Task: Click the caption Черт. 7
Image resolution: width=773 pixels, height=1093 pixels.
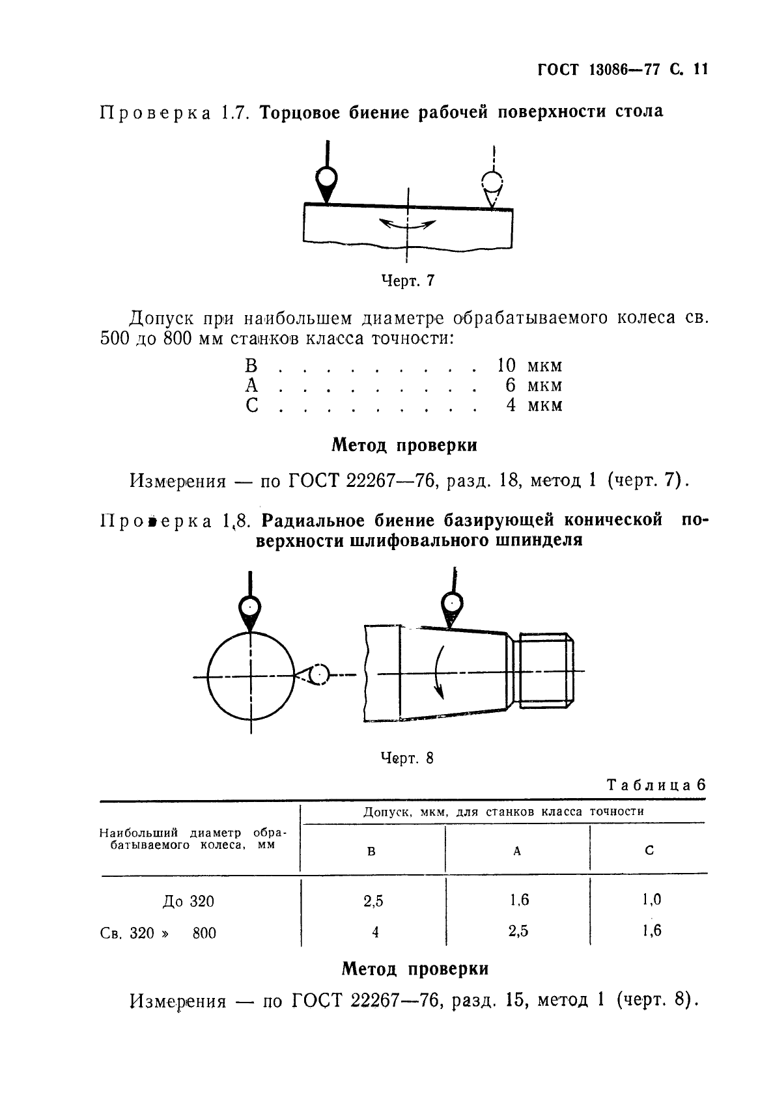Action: pos(408,281)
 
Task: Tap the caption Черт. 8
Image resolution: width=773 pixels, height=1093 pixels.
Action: pos(407,758)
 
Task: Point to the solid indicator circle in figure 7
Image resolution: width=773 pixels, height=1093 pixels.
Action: pos(326,177)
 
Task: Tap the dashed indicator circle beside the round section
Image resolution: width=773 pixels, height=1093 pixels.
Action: pos(319,675)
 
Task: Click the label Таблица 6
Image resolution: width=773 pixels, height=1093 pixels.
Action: pos(656,784)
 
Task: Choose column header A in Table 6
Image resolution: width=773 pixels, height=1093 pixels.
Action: pos(516,851)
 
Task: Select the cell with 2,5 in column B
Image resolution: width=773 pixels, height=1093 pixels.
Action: pos(373,901)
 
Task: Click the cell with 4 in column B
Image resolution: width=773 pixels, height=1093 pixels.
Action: pos(375,932)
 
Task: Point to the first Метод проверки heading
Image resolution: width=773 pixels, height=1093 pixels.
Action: pos(404,446)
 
